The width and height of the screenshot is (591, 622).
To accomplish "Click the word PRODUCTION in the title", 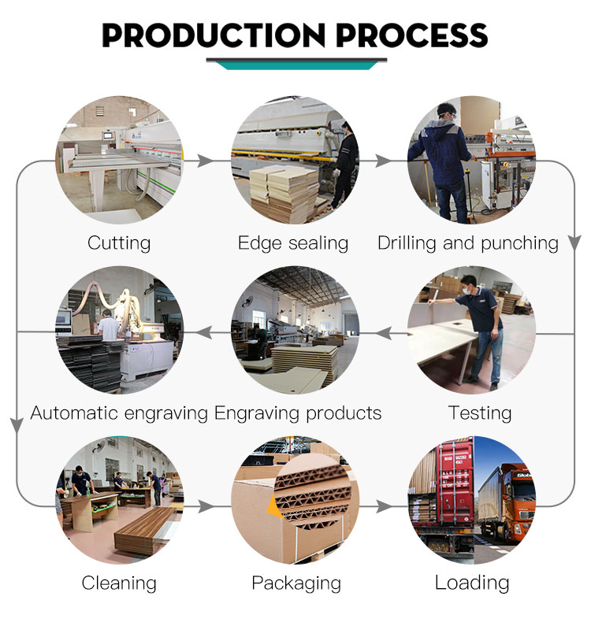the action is pyautogui.click(x=214, y=35).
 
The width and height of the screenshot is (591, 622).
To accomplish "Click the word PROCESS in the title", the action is pyautogui.click(x=412, y=35).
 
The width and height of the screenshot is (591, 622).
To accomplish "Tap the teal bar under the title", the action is pyautogui.click(x=296, y=65).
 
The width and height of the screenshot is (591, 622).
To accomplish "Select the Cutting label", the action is pyautogui.click(x=119, y=243).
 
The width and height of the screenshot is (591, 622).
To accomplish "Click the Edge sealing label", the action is pyautogui.click(x=293, y=243).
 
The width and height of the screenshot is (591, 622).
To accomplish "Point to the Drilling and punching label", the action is pyautogui.click(x=468, y=243).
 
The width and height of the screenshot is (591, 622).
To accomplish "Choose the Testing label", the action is pyautogui.click(x=480, y=413).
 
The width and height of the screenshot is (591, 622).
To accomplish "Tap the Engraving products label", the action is pyautogui.click(x=298, y=413).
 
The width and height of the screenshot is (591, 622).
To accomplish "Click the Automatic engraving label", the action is pyautogui.click(x=119, y=413).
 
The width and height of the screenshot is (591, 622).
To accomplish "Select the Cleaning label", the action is pyautogui.click(x=119, y=583).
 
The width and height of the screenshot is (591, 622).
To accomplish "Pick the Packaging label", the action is pyautogui.click(x=296, y=583).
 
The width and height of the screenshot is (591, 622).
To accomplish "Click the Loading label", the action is pyautogui.click(x=472, y=583).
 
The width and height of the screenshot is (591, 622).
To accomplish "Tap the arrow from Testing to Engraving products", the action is pyautogui.click(x=384, y=333).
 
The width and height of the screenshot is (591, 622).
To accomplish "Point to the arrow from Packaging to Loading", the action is pyautogui.click(x=384, y=506).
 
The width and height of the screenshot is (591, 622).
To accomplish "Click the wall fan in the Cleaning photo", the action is pyautogui.click(x=98, y=447).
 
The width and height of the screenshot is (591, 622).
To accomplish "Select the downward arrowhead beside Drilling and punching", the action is pyautogui.click(x=574, y=243).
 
